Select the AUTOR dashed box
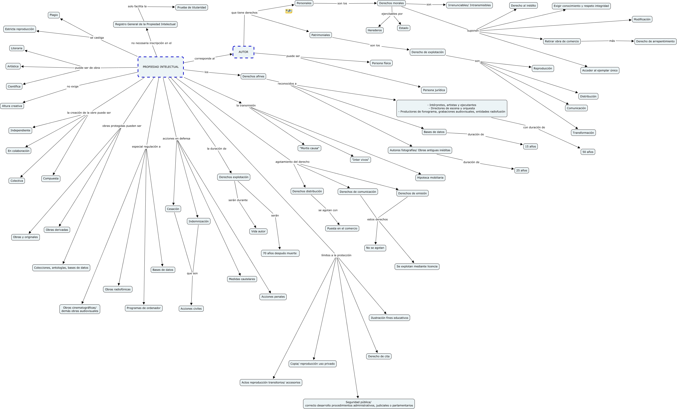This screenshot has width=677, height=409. [243, 52]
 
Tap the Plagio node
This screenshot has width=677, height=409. [54, 15]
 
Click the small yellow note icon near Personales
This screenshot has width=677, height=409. [288, 11]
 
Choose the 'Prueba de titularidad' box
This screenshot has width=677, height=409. [191, 7]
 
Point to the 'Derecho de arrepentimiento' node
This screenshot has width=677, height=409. [655, 42]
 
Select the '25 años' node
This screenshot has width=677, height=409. [521, 171]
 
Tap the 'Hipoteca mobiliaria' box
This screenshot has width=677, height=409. [430, 178]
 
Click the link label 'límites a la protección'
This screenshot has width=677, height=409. [336, 255]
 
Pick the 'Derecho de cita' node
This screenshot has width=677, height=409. [379, 356]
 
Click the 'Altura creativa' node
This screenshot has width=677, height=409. [12, 106]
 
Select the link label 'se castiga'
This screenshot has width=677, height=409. [97, 38]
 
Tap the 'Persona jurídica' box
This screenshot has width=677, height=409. [434, 90]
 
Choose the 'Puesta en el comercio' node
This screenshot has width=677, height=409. [342, 228]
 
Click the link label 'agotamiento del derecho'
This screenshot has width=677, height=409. [292, 162]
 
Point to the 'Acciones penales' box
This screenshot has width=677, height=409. [273, 297]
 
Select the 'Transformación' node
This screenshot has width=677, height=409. [583, 133]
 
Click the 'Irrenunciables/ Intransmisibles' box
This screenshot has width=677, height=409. [469, 5]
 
